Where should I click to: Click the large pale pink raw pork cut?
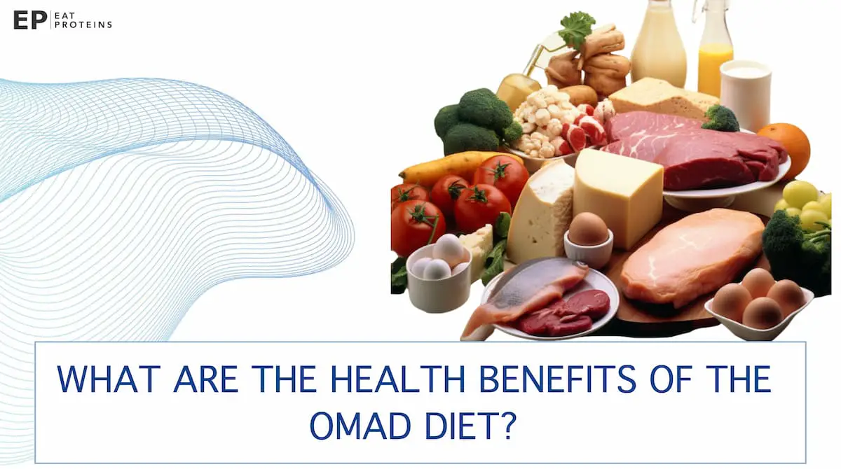click(690, 255)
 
